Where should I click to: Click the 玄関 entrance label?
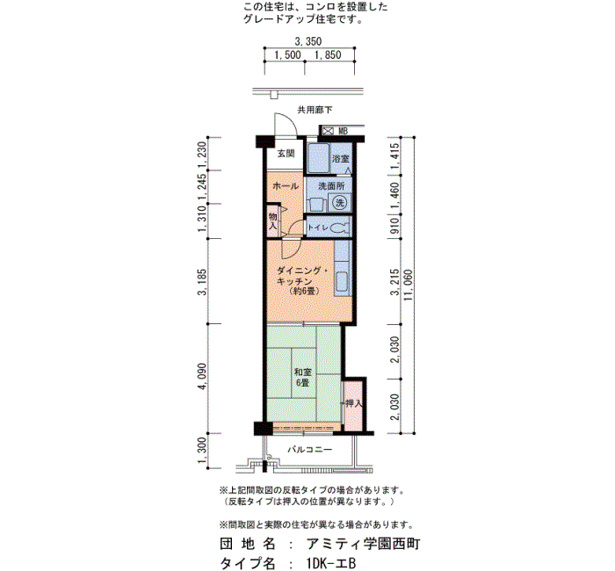[286, 154]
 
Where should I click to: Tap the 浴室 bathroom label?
[341, 159]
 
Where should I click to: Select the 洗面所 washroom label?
[331, 186]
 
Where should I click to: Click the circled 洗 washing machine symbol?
[340, 202]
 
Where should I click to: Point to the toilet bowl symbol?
[339, 228]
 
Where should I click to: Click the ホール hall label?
[286, 186]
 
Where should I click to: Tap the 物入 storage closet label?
[273, 221]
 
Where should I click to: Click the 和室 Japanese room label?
[303, 372]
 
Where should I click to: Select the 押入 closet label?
[354, 403]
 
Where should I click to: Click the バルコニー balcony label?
[310, 450]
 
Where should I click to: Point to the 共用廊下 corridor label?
[315, 110]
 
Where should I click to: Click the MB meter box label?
[343, 131]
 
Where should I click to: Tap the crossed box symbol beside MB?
[328, 131]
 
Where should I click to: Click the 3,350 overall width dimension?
[308, 41]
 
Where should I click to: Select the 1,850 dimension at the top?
[328, 54]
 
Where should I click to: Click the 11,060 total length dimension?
[409, 285]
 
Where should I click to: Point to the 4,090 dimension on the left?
[202, 377]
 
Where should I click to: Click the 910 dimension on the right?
[395, 227]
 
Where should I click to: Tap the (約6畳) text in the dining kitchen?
[304, 292]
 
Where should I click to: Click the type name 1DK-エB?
[331, 563]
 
